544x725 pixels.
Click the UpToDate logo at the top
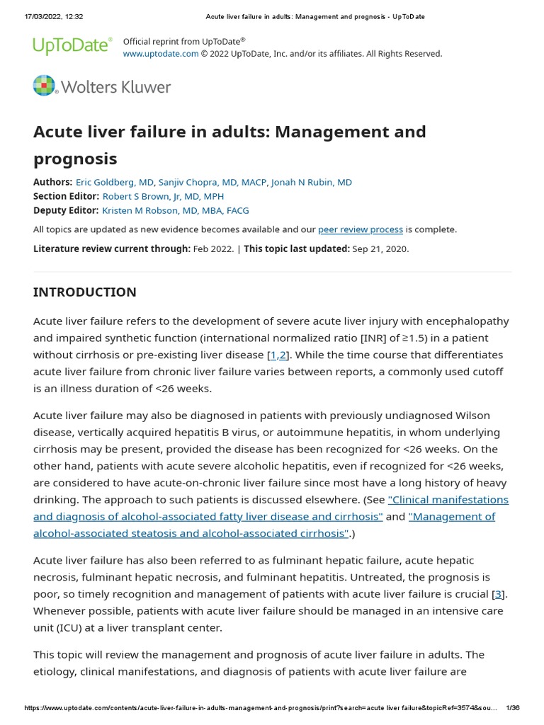72,46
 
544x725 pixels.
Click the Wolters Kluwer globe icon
44,86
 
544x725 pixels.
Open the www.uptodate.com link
161,54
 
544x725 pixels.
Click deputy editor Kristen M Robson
175,210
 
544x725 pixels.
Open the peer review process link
361,229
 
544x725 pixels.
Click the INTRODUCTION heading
84,292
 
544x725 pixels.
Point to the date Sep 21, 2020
380,249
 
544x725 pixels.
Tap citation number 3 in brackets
499,594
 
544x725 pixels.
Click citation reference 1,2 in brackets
278,355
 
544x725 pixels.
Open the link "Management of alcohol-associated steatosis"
452,516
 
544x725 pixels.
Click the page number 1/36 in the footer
513,708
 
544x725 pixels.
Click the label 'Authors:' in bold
52,182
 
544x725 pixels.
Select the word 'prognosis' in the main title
75,158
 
